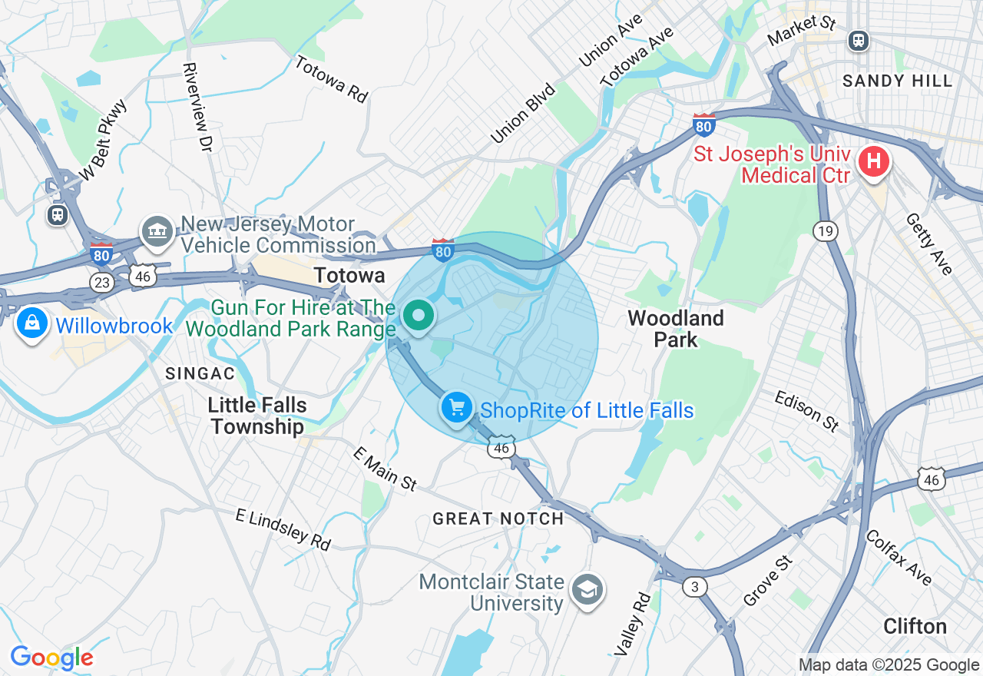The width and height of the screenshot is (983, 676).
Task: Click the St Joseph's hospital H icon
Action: pyautogui.click(x=873, y=162)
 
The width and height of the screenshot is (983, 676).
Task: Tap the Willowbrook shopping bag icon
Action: pyautogui.click(x=31, y=324)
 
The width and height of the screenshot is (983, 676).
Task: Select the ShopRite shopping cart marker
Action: pyautogui.click(x=457, y=407)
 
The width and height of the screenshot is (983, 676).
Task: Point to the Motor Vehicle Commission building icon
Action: pyautogui.click(x=157, y=231)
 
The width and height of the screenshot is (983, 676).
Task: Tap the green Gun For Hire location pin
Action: pyautogui.click(x=419, y=316)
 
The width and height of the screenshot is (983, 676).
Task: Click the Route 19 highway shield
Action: pyautogui.click(x=826, y=230)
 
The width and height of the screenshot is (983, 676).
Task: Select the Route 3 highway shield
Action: pyautogui.click(x=695, y=587)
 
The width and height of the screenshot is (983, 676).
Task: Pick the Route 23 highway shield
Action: pyautogui.click(x=101, y=282)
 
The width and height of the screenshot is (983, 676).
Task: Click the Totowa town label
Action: pyautogui.click(x=349, y=275)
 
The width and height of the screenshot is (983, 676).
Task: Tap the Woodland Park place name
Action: pyautogui.click(x=676, y=329)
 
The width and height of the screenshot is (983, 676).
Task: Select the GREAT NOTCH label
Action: pyautogui.click(x=498, y=519)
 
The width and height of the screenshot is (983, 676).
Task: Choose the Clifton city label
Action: pyautogui.click(x=914, y=626)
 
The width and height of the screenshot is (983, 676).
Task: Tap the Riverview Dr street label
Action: pyautogui.click(x=197, y=106)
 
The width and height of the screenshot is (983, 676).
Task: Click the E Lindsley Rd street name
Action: pyautogui.click(x=283, y=529)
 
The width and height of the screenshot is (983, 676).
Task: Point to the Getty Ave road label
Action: pyautogui.click(x=929, y=244)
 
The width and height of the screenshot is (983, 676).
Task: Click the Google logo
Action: pyautogui.click(x=51, y=658)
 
